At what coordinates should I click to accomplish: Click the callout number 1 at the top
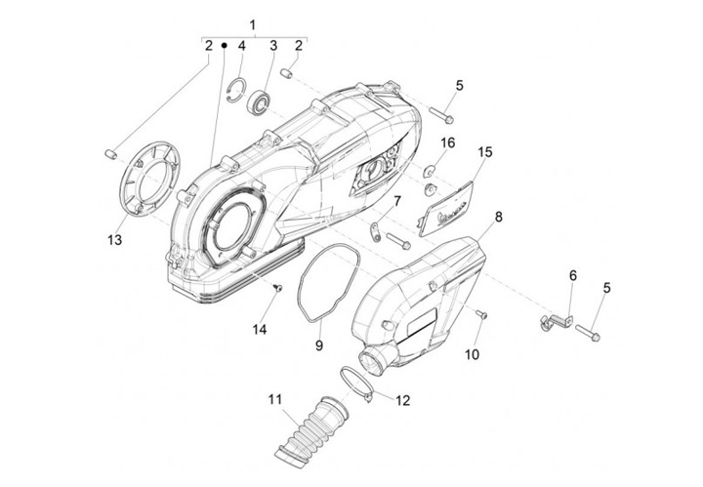click(x=252, y=23)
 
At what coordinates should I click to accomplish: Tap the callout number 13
click(x=114, y=240)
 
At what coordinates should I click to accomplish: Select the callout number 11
click(x=276, y=398)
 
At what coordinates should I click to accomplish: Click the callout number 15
click(x=484, y=152)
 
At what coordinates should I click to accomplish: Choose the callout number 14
click(x=259, y=329)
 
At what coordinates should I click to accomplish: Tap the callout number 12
click(x=402, y=400)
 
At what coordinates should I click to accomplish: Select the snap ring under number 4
click(x=232, y=93)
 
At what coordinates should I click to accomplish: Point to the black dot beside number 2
click(x=224, y=45)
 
